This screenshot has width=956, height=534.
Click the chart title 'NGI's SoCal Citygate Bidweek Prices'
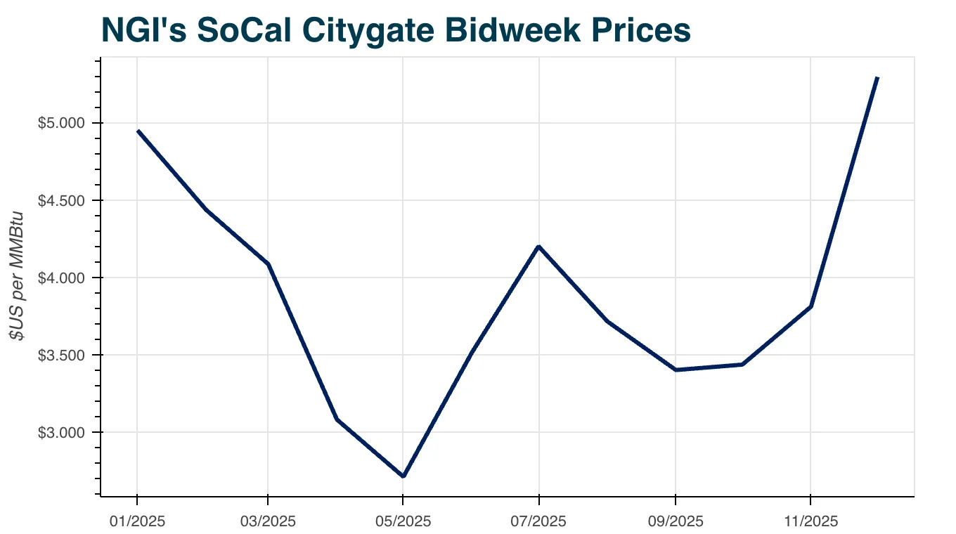(x=396, y=30)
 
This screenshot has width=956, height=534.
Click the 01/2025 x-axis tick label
(x=136, y=521)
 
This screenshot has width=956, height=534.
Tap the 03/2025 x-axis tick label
(x=268, y=521)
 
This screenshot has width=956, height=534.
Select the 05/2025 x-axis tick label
(x=403, y=521)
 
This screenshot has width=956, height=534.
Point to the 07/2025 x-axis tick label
(x=539, y=521)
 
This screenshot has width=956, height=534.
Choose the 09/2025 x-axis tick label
(x=676, y=521)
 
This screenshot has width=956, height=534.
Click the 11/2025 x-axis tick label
(x=810, y=521)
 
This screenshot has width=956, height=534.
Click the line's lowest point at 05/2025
(x=403, y=476)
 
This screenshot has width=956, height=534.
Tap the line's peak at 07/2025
(x=539, y=246)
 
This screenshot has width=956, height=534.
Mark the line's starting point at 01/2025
(x=138, y=131)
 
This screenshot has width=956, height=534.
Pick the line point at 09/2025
(x=676, y=370)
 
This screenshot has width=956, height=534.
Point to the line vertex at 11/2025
(x=810, y=306)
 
